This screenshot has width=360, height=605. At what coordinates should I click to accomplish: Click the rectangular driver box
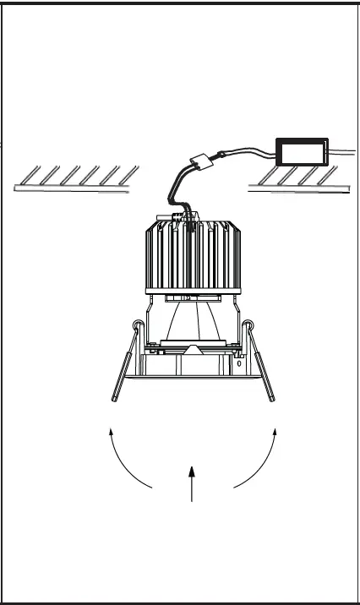[303, 152]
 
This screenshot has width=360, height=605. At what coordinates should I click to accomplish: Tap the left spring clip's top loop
[137, 326]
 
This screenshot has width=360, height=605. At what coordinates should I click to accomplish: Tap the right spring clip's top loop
[248, 326]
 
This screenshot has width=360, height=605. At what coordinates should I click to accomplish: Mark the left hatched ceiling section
[78, 179]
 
